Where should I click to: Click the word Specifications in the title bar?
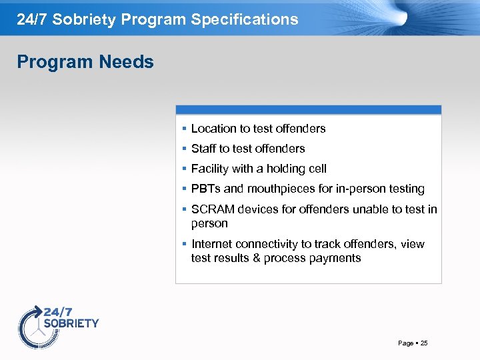coord(245,19)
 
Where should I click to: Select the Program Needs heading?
coord(85,62)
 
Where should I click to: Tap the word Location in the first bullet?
coord(213,129)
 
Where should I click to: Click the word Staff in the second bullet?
coord(204,149)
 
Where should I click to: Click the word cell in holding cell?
coord(317,169)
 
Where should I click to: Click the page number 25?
coord(424,343)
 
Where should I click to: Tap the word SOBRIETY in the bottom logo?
coord(71,323)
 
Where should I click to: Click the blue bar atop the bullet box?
coord(308,109)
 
